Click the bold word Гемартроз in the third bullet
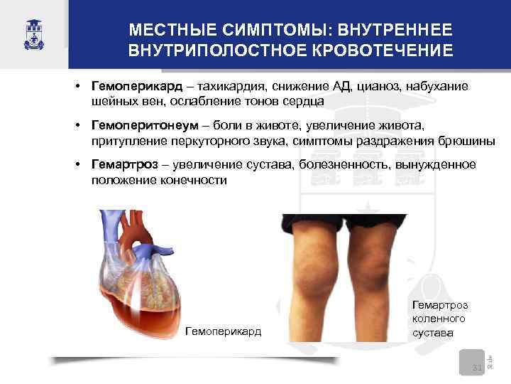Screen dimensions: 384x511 [x=125, y=165]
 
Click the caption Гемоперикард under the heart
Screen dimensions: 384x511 [x=223, y=331]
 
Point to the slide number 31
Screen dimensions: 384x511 [x=477, y=367]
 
